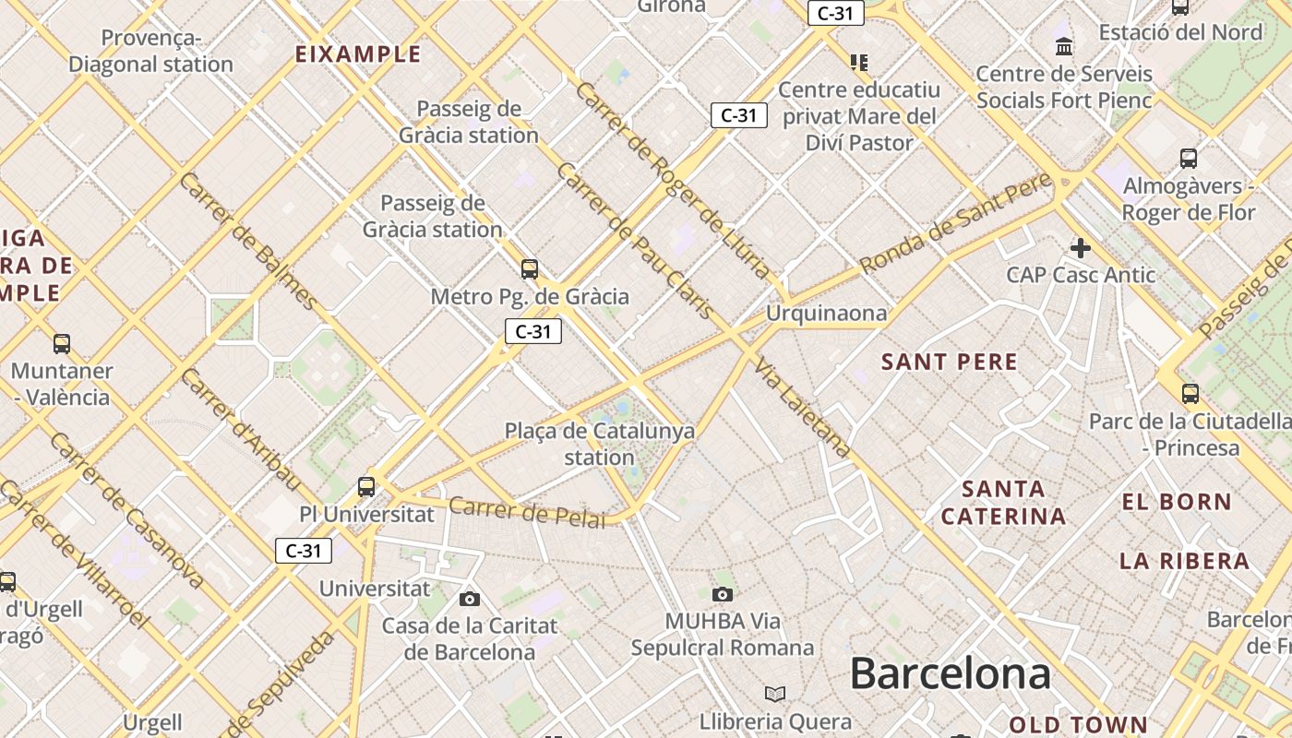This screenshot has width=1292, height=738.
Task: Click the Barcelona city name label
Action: (x=950, y=673)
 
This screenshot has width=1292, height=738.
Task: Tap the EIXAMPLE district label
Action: (x=358, y=54)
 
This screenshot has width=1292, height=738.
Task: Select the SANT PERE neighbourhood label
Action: (x=950, y=362)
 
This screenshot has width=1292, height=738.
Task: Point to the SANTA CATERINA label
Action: (x=1003, y=502)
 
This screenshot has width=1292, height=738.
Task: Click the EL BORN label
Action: (x=1177, y=503)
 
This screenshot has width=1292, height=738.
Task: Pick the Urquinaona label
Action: (x=826, y=314)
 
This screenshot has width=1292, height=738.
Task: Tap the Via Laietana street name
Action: (x=801, y=408)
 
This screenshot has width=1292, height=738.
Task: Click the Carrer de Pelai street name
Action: (x=527, y=512)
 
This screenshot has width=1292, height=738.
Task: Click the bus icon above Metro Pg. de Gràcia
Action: (x=529, y=269)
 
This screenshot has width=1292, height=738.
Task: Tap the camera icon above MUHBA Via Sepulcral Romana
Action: (x=723, y=594)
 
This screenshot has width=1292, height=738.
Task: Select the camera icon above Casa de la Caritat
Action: (x=470, y=600)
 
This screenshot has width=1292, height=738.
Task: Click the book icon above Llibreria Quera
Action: (x=775, y=694)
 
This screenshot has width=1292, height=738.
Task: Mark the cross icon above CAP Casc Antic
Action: (x=1081, y=247)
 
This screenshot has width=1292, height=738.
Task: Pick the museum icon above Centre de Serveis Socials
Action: (x=1064, y=46)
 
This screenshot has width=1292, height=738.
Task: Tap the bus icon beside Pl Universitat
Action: (x=366, y=487)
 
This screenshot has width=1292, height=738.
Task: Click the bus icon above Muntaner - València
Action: (x=62, y=344)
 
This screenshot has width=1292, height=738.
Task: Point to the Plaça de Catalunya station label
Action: (x=600, y=444)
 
